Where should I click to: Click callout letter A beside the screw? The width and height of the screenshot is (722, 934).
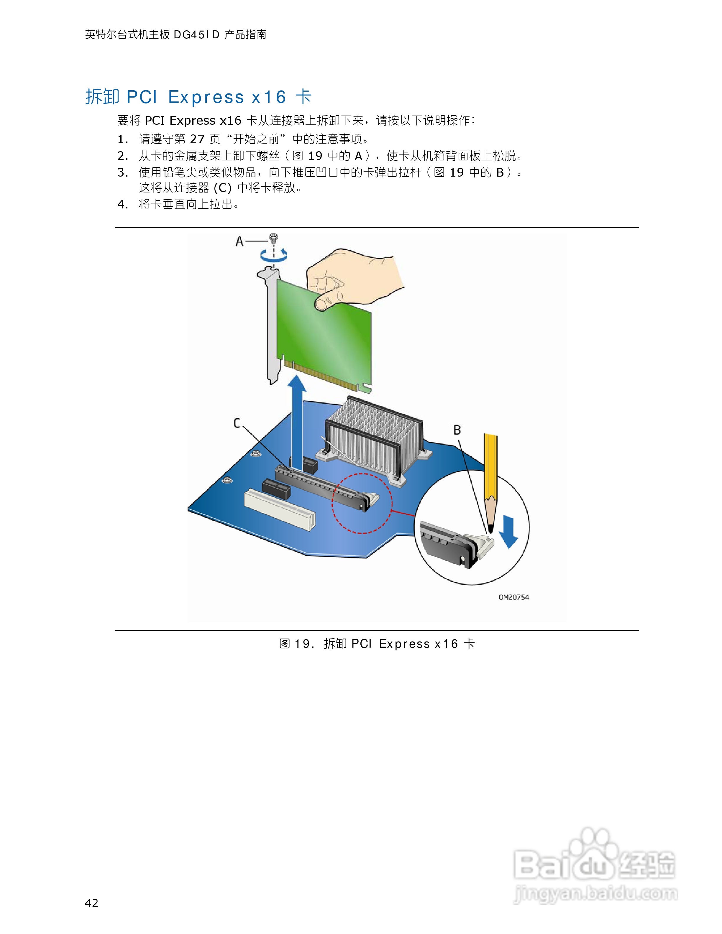239,242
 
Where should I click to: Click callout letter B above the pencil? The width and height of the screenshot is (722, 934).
457,430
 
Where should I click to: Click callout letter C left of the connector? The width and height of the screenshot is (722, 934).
237,423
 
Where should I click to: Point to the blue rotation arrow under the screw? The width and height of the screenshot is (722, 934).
274,256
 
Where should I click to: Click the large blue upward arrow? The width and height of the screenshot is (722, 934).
296,419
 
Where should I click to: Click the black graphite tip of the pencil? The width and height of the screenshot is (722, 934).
490,529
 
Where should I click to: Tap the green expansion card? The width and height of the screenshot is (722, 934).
325,338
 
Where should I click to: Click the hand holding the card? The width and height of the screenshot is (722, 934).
351,278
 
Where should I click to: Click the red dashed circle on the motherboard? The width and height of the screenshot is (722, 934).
362,503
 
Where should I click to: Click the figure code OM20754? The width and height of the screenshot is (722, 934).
514,597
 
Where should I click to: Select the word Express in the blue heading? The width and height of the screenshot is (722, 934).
206,98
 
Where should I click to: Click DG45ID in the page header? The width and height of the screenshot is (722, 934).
196,34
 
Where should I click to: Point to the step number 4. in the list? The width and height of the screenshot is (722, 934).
123,204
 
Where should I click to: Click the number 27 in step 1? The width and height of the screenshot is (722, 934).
197,139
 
